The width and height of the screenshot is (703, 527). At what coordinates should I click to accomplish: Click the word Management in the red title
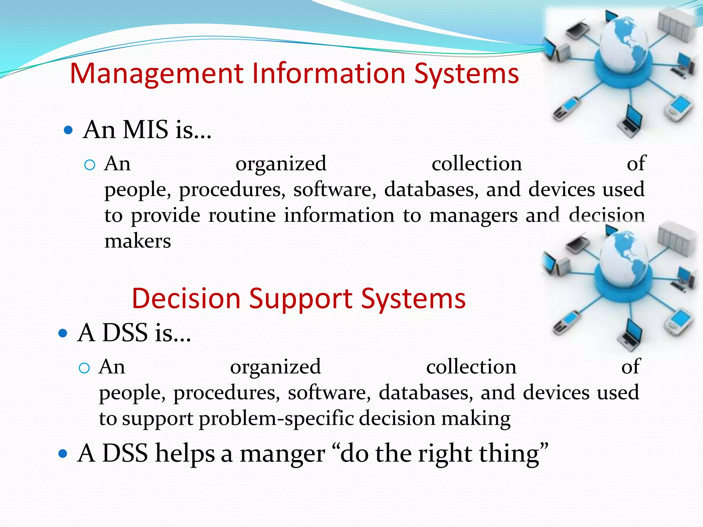point(156,74)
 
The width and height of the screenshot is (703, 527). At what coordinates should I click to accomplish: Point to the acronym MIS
point(146,130)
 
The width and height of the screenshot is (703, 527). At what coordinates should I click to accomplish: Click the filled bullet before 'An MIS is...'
point(68,130)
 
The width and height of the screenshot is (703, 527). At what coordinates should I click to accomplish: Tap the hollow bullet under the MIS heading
point(89,165)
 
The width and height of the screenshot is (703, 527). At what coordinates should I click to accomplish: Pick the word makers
point(138,241)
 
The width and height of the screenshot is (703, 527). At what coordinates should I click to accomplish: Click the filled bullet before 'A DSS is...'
point(63,333)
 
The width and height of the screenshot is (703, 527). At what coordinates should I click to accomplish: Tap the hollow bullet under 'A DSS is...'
point(84,368)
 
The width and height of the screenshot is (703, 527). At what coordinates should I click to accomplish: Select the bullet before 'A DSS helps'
point(63,454)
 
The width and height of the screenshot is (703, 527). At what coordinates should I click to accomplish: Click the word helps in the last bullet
point(185,454)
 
